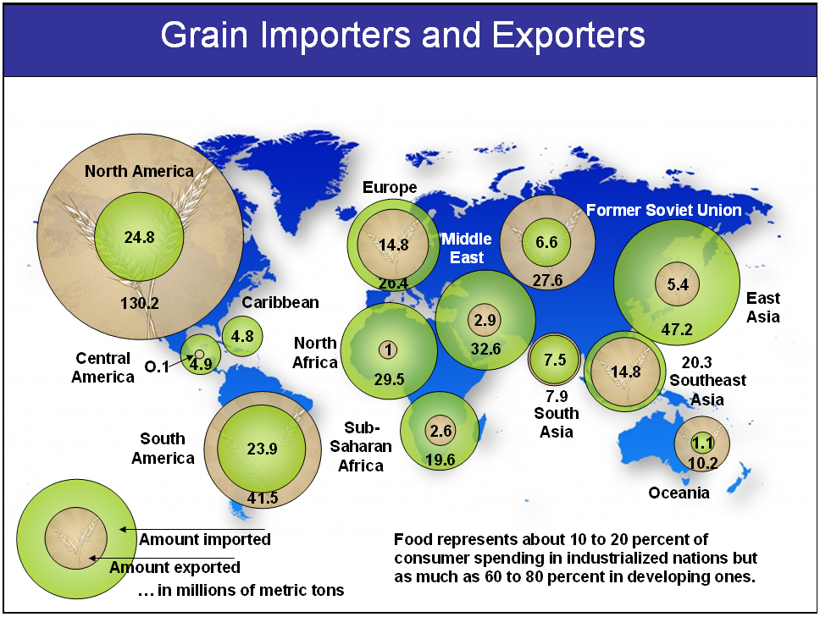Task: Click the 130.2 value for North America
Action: click(x=140, y=303)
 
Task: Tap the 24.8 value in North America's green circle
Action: click(x=139, y=237)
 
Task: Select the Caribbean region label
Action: click(x=280, y=302)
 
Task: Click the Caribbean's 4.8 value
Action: click(x=242, y=336)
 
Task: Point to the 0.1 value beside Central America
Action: click(x=157, y=366)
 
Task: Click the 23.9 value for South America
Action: click(x=262, y=449)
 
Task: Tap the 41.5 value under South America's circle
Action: click(x=263, y=498)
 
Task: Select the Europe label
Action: click(x=390, y=187)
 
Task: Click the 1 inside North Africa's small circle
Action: click(x=388, y=350)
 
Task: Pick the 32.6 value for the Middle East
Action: click(x=486, y=349)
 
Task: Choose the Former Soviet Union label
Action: click(x=663, y=210)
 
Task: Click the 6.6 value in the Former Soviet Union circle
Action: click(x=546, y=242)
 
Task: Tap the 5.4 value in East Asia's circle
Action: click(x=678, y=284)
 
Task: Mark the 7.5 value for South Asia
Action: click(x=555, y=360)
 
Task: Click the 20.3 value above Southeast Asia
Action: click(x=697, y=362)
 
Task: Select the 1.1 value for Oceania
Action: click(x=702, y=443)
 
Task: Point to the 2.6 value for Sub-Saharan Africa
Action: click(x=440, y=431)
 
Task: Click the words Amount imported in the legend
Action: click(x=205, y=539)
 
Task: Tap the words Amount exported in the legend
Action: click(x=175, y=567)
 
